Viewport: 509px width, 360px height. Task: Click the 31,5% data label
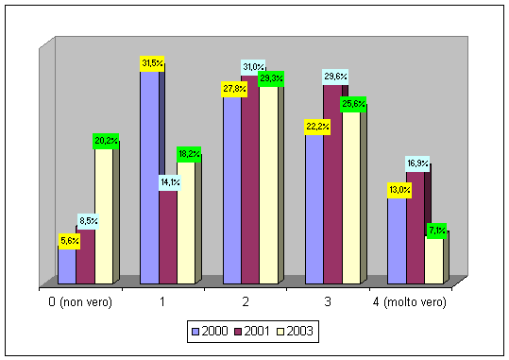(152, 63)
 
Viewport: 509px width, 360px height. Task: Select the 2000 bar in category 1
(149, 178)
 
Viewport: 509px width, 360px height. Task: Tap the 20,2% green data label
(106, 141)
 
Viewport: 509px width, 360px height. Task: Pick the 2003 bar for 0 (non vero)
(104, 216)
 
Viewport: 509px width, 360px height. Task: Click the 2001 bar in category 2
(250, 180)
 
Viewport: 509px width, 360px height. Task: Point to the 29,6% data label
(335, 77)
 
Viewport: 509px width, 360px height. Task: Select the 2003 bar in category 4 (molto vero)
(434, 260)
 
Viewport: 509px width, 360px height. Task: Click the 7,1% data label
(436, 231)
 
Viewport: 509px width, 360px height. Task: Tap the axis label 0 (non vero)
(80, 302)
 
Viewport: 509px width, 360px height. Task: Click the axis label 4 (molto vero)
(410, 302)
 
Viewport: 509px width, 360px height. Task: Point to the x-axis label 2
(246, 301)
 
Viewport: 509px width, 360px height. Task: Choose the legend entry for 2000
(210, 332)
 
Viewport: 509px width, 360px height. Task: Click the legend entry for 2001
(252, 332)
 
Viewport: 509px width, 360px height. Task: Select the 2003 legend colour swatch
(280, 332)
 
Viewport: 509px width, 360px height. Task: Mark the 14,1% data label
(170, 182)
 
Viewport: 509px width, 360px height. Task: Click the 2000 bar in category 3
(314, 209)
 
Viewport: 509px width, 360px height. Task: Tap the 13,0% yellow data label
(399, 190)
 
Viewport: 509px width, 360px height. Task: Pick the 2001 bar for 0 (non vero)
(85, 257)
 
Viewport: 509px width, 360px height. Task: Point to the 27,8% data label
(234, 89)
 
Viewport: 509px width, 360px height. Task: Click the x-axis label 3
(328, 301)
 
